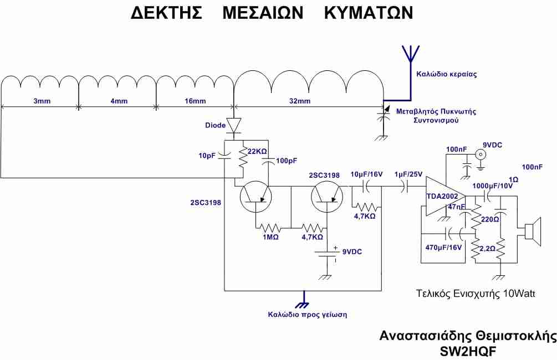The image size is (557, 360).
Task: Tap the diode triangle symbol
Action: click(234, 125)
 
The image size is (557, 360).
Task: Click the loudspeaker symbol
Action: click(533, 232)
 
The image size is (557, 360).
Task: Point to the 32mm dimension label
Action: click(299, 101)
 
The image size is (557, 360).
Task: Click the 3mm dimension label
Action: click(42, 101)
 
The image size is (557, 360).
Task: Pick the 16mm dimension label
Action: click(195, 101)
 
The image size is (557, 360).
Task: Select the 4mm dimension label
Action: click(119, 101)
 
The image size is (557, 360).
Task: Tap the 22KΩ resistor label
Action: click(257, 152)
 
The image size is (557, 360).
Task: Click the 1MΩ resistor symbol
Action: click(270, 227)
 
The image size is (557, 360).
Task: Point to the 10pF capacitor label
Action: click(207, 156)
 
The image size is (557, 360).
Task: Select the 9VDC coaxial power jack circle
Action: click(481, 154)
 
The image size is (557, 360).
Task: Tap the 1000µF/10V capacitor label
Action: click(492, 186)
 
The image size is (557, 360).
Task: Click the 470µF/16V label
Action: click(443, 247)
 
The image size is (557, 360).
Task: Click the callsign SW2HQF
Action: click(468, 351)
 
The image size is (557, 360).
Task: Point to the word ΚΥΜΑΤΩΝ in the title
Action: click(369, 13)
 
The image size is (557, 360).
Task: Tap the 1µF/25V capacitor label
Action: click(408, 174)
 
